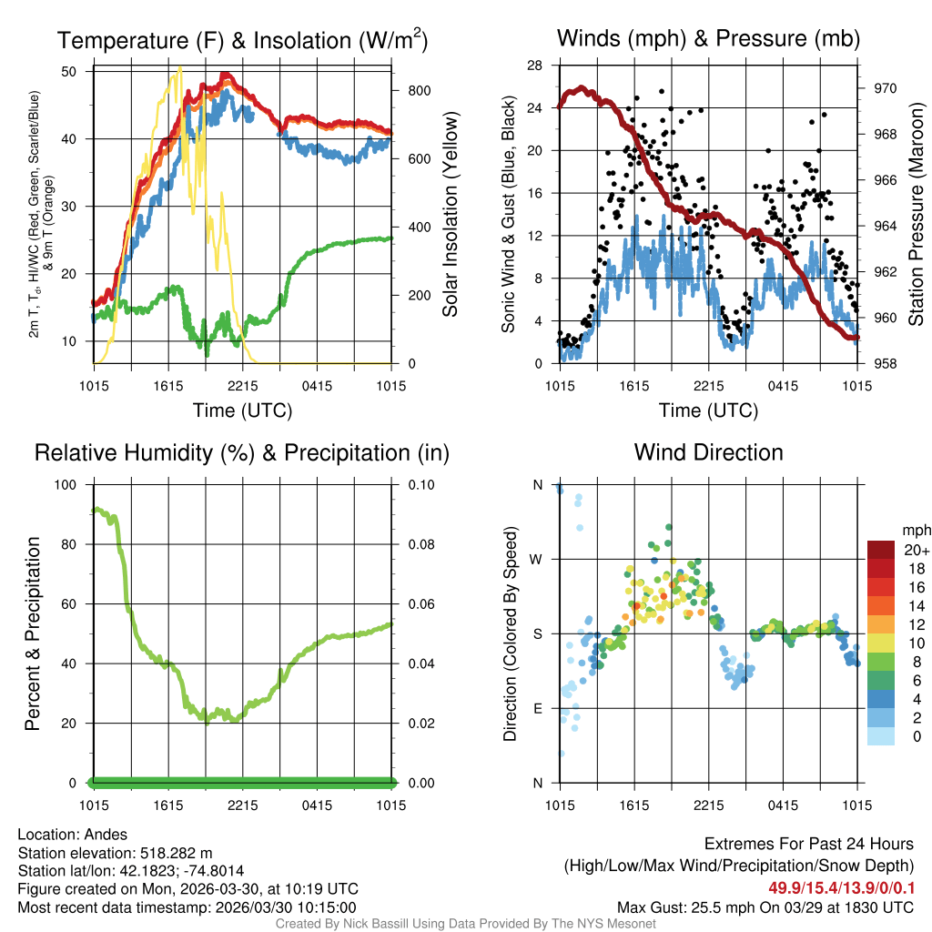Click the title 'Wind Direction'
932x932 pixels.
[x=708, y=452]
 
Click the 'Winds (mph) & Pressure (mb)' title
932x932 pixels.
[x=708, y=39]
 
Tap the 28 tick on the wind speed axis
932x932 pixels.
[x=535, y=66]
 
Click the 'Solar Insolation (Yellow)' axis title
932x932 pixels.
[x=451, y=214]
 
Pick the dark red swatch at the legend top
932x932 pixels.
[x=881, y=550]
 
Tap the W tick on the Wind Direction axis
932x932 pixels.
[x=538, y=560]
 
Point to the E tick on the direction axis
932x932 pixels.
[x=538, y=708]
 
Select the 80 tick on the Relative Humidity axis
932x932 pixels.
[x=76, y=544]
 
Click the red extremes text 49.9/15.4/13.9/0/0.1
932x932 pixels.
[x=841, y=886]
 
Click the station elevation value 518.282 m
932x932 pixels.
[x=175, y=853]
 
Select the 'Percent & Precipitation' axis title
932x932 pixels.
[x=34, y=633]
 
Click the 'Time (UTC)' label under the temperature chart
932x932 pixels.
[x=242, y=410]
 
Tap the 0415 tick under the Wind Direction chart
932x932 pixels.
[x=783, y=805]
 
